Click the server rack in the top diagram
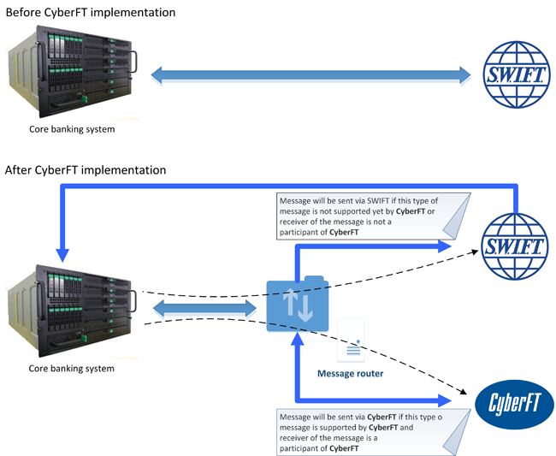click(x=72, y=75)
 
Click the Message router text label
click(x=350, y=373)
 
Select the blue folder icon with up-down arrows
click(x=296, y=305)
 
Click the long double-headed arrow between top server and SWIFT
click(x=311, y=75)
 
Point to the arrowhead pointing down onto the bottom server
click(x=61, y=255)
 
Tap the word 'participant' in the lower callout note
click(x=303, y=447)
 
